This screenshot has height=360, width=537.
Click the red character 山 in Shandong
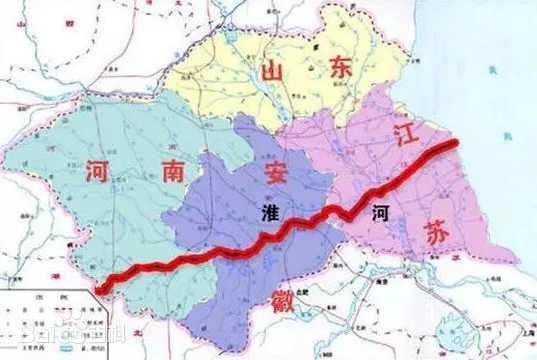[x=269, y=73]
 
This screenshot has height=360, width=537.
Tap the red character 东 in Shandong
[x=338, y=68]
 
